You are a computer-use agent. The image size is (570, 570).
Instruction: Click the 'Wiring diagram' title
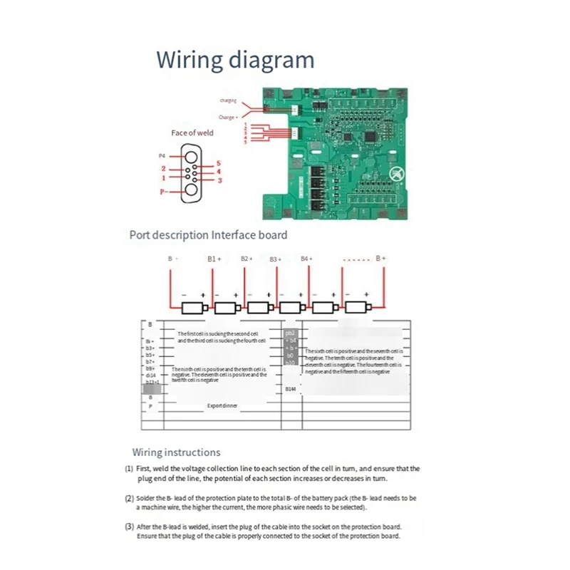click(x=235, y=58)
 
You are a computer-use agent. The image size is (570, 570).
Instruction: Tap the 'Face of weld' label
click(x=192, y=133)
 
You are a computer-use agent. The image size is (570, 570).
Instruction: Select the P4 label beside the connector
click(x=161, y=155)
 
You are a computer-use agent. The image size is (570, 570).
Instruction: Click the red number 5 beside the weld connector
click(x=219, y=163)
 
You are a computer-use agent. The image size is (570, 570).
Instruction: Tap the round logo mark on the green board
click(x=396, y=171)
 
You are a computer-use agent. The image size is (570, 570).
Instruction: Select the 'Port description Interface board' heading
click(x=208, y=235)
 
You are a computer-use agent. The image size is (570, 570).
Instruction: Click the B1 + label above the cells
click(x=215, y=259)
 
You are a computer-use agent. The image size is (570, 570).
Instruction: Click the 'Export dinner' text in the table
click(x=222, y=405)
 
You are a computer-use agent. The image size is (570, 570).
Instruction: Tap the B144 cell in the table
click(x=291, y=389)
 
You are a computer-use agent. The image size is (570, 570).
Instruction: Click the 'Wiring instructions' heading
click(x=176, y=452)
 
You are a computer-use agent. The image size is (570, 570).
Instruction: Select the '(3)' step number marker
click(x=129, y=527)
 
